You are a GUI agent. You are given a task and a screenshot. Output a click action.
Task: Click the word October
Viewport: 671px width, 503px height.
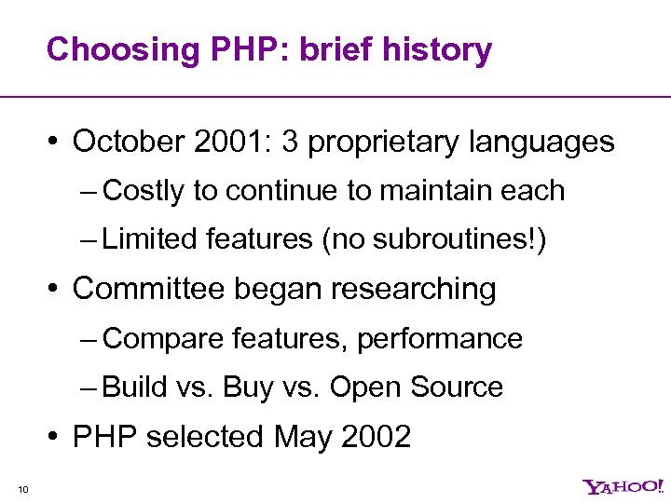click(128, 142)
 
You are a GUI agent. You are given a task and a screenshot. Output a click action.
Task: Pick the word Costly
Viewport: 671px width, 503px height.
click(144, 191)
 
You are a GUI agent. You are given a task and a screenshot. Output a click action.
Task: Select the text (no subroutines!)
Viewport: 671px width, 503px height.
click(433, 239)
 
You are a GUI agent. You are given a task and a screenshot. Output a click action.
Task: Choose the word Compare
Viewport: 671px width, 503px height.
click(157, 338)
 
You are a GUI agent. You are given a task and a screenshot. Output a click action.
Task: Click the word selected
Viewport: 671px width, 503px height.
click(207, 436)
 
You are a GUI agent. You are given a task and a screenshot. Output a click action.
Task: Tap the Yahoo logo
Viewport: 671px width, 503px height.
click(623, 486)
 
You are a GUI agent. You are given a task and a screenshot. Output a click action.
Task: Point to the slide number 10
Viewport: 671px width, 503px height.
click(23, 487)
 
